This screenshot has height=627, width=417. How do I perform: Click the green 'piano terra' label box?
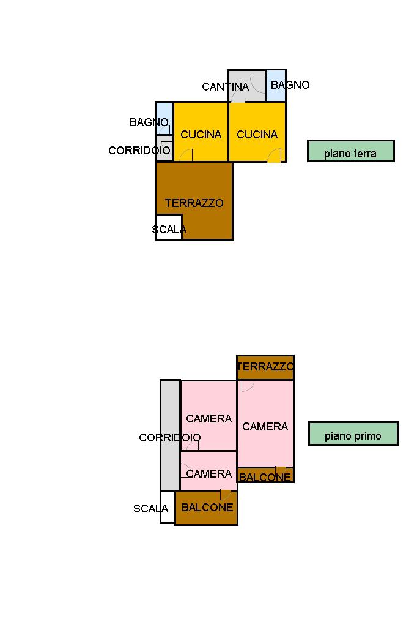pyautogui.click(x=351, y=151)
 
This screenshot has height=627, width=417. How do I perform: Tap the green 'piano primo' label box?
pyautogui.click(x=353, y=434)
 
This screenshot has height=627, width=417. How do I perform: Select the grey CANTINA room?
pyautogui.click(x=246, y=86)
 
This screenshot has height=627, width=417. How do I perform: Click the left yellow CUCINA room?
pyautogui.click(x=201, y=132)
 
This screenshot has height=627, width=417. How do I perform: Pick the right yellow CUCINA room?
pyautogui.click(x=257, y=132)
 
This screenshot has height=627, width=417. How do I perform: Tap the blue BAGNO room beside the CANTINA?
pyautogui.click(x=276, y=85)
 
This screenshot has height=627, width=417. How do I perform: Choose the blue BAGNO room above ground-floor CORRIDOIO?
pyautogui.click(x=164, y=119)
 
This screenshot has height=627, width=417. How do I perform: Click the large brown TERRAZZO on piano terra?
pyautogui.click(x=194, y=201)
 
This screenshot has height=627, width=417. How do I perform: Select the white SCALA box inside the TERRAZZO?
pyautogui.click(x=169, y=227)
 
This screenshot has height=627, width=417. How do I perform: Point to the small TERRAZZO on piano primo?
pyautogui.click(x=265, y=367)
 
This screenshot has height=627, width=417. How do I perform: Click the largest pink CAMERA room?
pyautogui.click(x=265, y=424)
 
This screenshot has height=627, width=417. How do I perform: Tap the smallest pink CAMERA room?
pyautogui.click(x=208, y=471)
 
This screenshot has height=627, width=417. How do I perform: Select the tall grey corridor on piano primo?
pyautogui.click(x=170, y=435)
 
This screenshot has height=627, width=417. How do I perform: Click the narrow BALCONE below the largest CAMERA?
pyautogui.click(x=265, y=475)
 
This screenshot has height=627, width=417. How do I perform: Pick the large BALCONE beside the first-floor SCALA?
pyautogui.click(x=206, y=508)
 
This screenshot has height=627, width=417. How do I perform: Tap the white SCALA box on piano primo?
pyautogui.click(x=168, y=506)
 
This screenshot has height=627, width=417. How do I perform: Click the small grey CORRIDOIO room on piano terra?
pyautogui.click(x=164, y=148)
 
